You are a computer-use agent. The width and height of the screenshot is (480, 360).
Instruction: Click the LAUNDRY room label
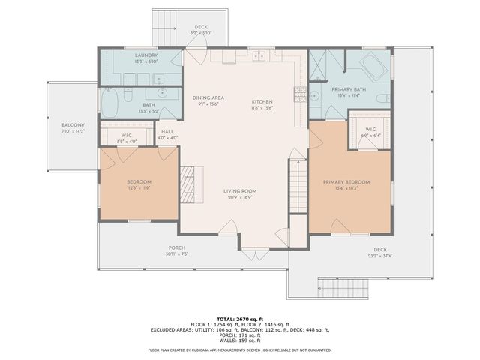tap(146, 55)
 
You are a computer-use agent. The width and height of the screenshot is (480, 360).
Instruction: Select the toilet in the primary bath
tap(382, 99)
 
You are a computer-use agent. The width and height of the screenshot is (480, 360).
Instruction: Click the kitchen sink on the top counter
tap(257, 55)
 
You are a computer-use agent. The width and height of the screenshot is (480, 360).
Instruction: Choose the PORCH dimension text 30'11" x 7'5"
tap(176, 254)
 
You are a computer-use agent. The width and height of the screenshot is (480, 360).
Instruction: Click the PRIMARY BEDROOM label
tap(346, 182)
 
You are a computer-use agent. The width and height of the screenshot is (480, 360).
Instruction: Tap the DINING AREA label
tap(208, 98)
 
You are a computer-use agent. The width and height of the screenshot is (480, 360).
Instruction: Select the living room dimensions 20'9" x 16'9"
tap(240, 198)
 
